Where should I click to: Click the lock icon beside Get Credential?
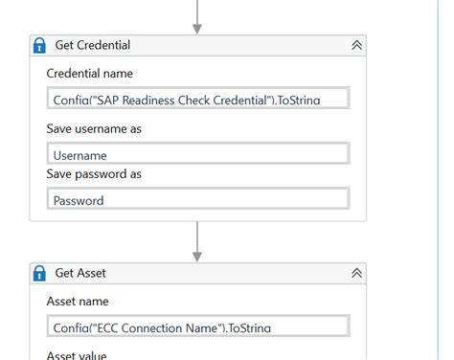(40, 45)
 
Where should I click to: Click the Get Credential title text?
(93, 45)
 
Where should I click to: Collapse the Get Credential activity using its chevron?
(356, 45)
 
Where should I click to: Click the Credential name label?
(90, 74)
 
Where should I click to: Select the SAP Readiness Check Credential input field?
(197, 99)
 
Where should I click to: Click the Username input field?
(197, 154)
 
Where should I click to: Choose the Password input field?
(197, 199)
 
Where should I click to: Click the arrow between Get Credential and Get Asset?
(197, 242)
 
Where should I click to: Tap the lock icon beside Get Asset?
(40, 273)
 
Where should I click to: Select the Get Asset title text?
(80, 273)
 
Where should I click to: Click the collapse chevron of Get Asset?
(356, 273)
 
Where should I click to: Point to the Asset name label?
(78, 301)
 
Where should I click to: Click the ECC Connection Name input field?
(197, 326)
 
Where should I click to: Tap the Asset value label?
(77, 355)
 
